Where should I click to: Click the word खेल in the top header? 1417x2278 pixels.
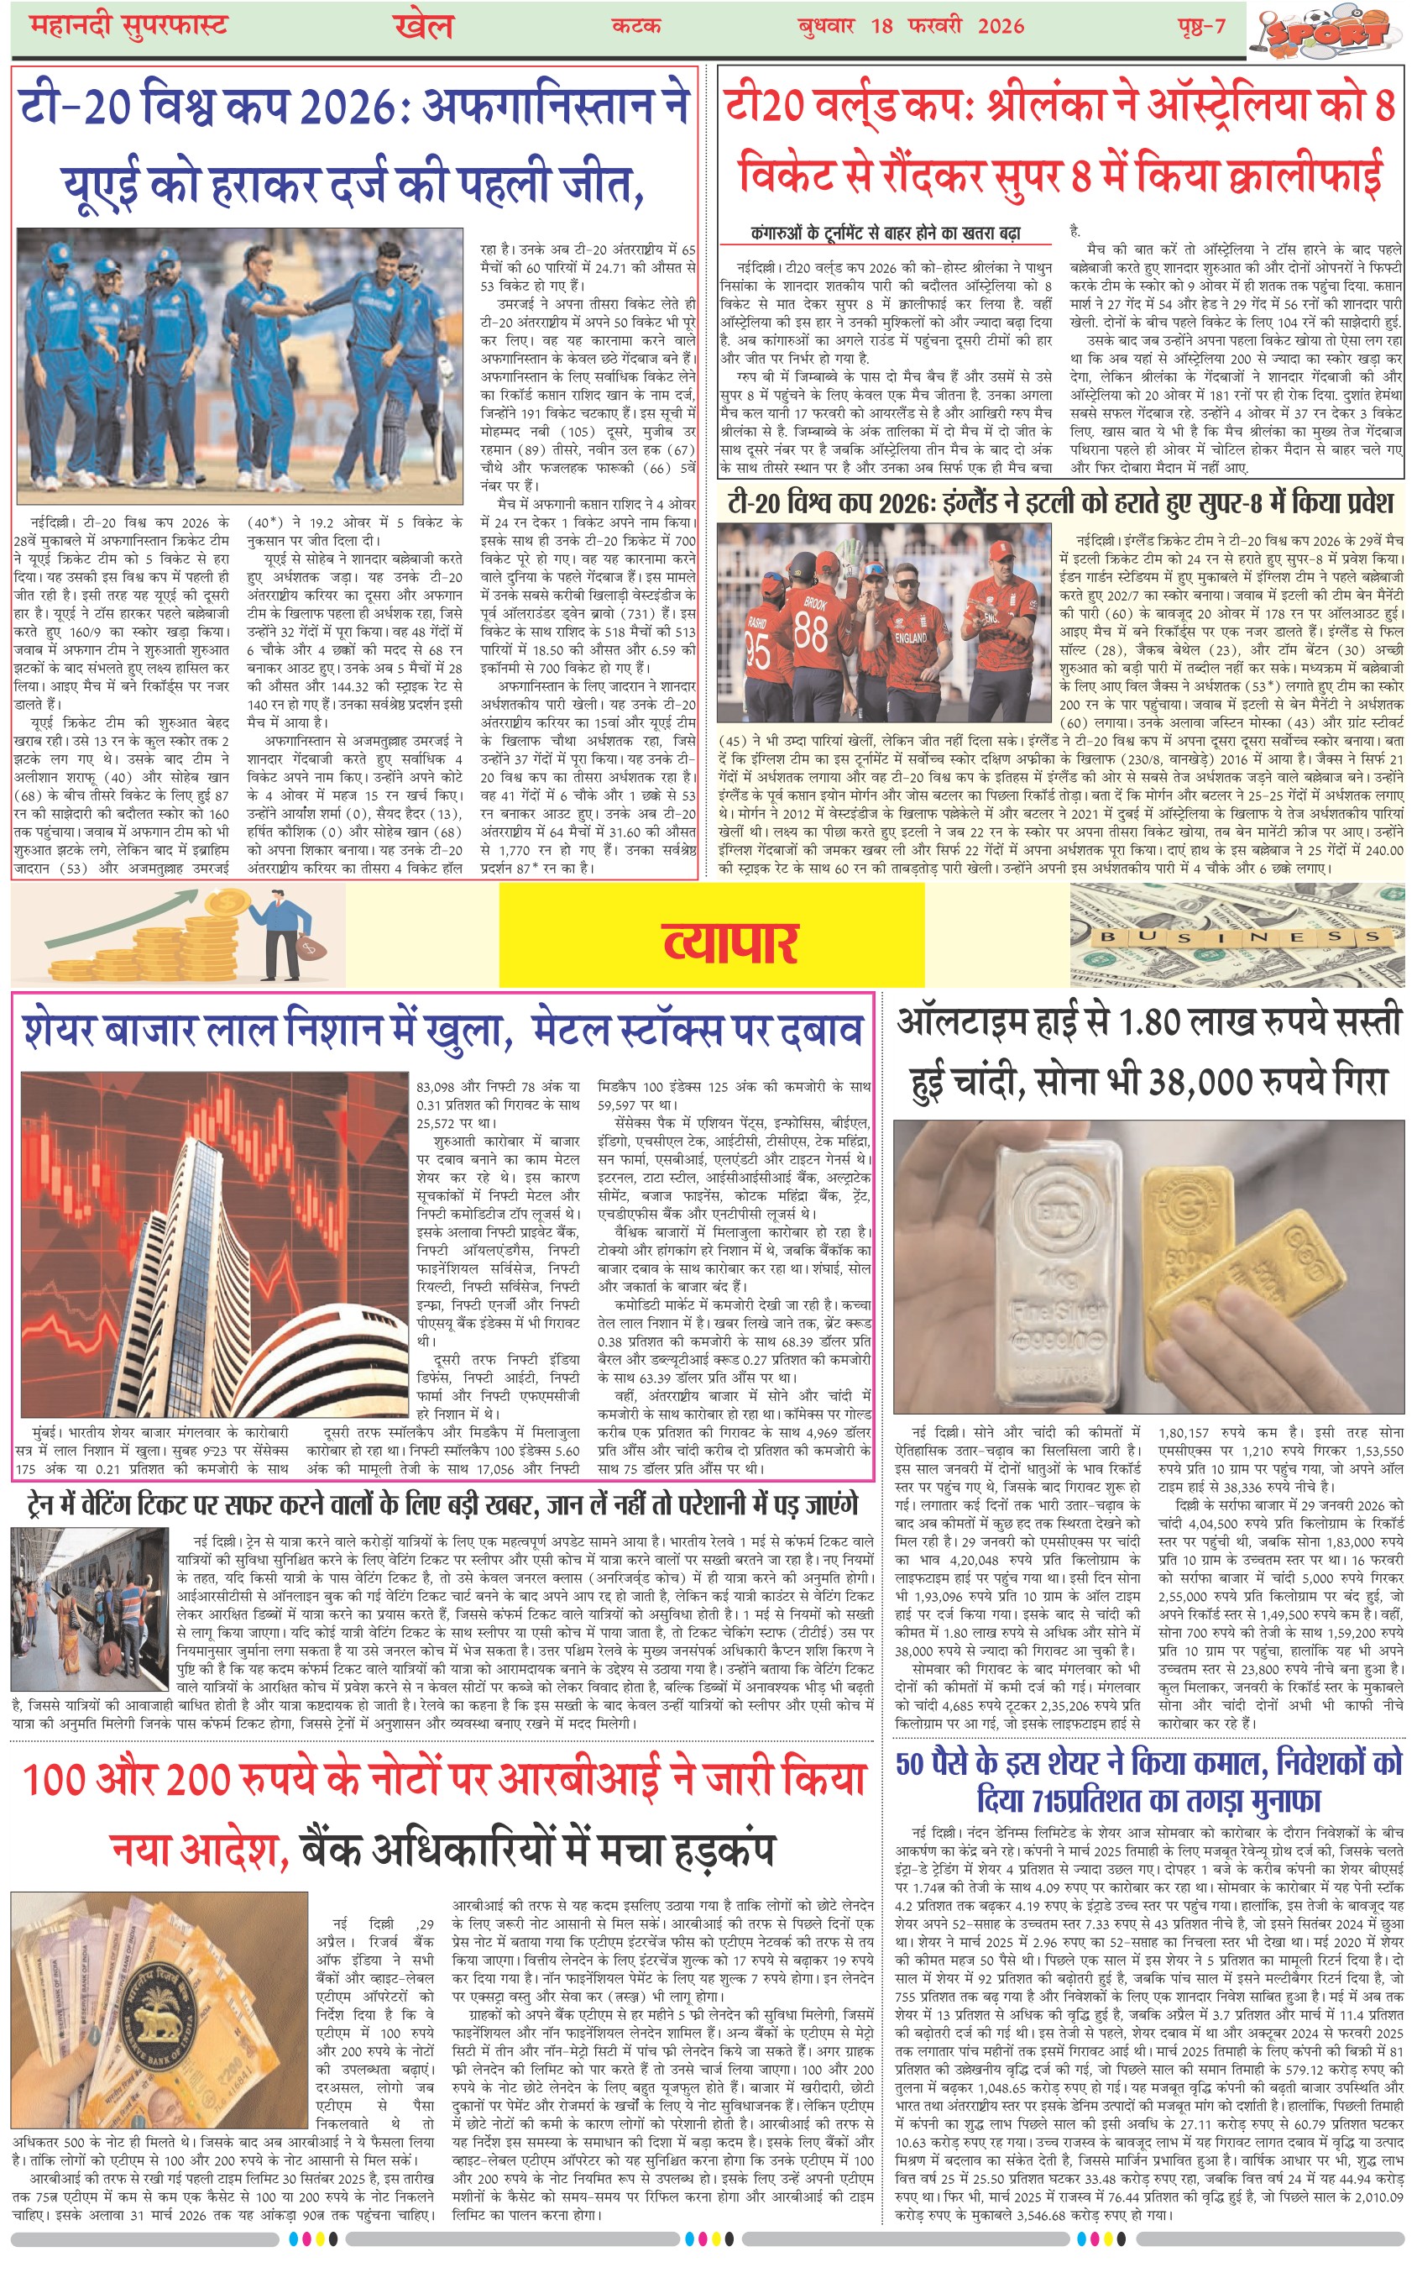(424, 27)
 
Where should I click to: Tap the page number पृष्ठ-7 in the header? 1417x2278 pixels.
(1201, 26)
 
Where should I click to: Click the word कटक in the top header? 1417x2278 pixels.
(636, 26)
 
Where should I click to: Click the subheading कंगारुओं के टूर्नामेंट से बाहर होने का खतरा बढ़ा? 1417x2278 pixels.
(886, 233)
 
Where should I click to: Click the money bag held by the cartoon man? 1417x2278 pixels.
(308, 947)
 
